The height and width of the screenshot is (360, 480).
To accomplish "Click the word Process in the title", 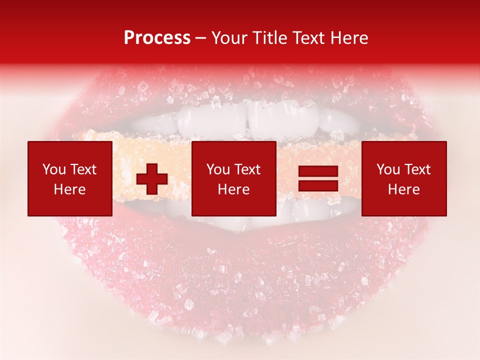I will coord(157,38).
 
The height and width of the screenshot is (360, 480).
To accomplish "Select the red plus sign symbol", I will coord(152,179).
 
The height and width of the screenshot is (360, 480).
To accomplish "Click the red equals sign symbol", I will coord(318,178).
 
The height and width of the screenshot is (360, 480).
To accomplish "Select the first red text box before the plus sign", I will coord(70,178).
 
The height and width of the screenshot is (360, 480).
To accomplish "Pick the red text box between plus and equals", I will coord(233,178).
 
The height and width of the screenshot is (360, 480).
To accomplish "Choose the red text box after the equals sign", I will coord(404,178).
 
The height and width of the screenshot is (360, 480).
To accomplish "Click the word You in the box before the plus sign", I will coord(53,169).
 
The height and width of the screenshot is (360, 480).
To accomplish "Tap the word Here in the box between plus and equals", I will coord(233,189).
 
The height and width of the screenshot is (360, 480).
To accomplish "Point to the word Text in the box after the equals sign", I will coord(417,169).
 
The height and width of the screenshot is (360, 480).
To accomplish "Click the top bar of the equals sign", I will coord(318,171).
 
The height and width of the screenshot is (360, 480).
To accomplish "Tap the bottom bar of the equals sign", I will coord(318,186).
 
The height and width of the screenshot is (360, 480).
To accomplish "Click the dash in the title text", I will coord(200,38).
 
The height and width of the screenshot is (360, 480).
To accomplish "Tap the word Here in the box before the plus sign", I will coord(70,189).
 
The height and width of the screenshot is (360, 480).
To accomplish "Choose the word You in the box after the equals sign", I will coord(387,169).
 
